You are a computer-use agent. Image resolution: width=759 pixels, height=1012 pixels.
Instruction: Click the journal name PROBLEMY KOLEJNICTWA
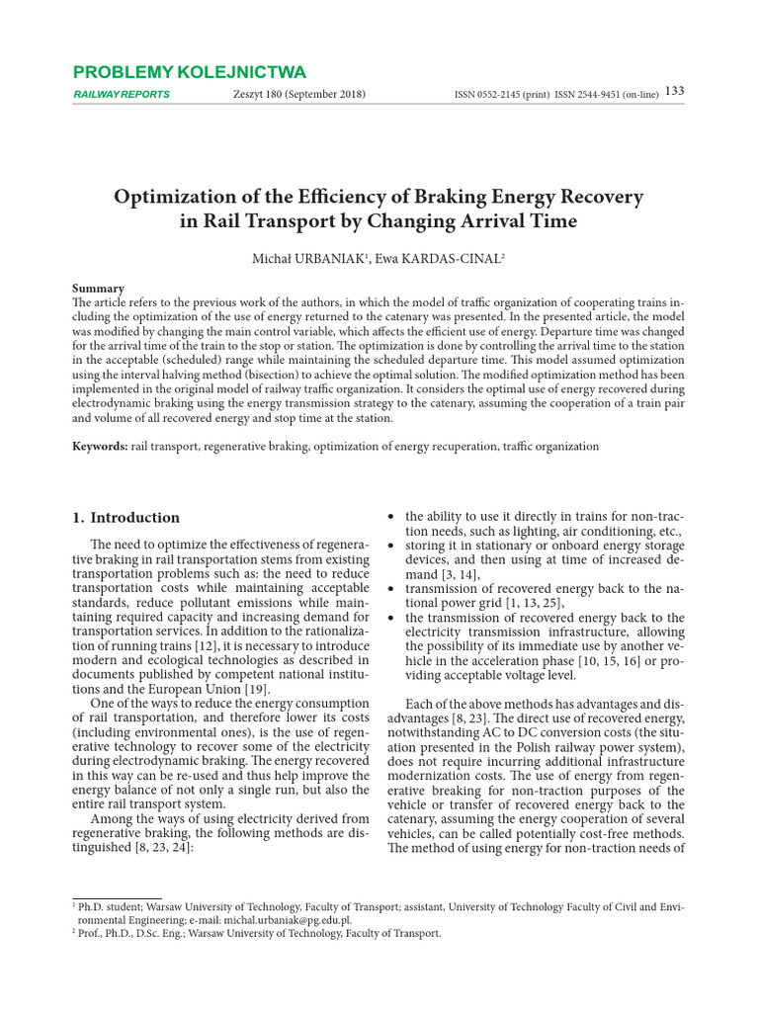point(190,72)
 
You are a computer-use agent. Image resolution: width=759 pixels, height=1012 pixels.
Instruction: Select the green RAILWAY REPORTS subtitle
point(122,95)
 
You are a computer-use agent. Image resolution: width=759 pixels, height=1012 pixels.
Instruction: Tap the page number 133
point(675,92)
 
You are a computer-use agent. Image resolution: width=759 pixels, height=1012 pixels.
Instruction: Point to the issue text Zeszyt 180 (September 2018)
point(298,95)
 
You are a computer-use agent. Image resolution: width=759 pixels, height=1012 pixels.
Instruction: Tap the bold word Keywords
point(100,447)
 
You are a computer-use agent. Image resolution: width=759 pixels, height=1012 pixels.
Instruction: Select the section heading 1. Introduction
point(126,518)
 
